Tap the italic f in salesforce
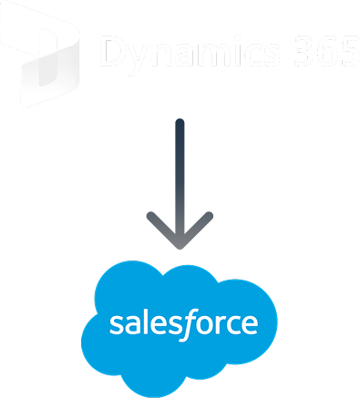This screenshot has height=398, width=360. coord(186,323)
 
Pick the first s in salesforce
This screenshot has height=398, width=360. coord(115,326)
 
